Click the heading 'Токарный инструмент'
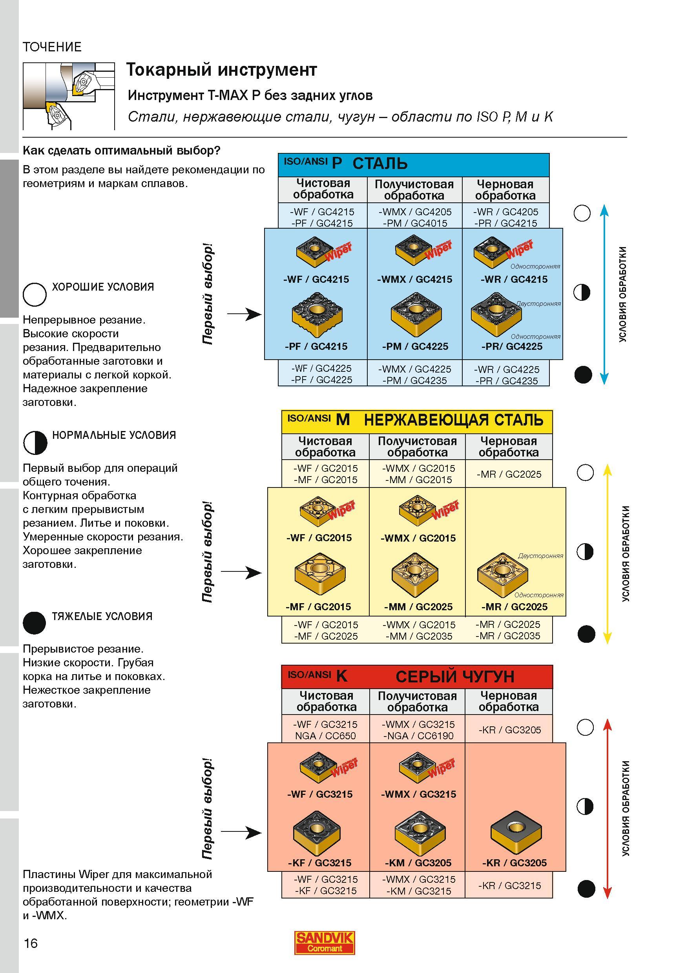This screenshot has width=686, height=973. click(x=222, y=70)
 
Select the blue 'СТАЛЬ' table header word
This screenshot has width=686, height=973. click(x=380, y=164)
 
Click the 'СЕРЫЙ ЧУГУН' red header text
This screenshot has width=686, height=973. click(x=455, y=677)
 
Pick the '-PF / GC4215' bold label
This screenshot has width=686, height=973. click(x=316, y=346)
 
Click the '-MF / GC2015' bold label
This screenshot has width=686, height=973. click(x=318, y=607)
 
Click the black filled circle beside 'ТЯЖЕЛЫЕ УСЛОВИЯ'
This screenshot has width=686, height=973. click(x=34, y=622)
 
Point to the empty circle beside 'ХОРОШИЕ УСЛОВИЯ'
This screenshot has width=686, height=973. click(x=35, y=295)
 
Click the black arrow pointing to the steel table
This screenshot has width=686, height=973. click(x=244, y=314)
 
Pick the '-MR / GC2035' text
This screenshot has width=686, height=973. click(x=508, y=636)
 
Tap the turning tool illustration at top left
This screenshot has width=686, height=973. click(x=69, y=96)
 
